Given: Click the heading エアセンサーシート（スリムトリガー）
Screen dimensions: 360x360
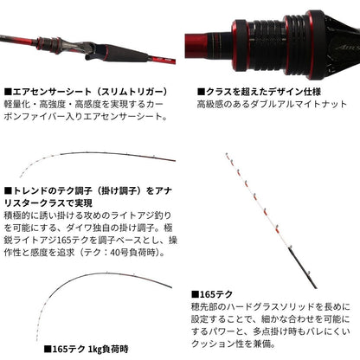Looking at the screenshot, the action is coord(86,92).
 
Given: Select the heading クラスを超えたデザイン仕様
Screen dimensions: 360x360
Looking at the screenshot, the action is coord(259,92).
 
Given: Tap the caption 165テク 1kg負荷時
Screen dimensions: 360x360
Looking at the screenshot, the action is coord(86,350).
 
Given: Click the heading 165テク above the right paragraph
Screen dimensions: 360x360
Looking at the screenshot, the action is coord(212,294).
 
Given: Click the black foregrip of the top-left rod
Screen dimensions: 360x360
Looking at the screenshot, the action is coord(127,53).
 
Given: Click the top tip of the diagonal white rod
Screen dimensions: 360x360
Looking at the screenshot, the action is coord(226,154).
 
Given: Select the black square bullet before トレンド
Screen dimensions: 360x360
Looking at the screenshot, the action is coord(8,191).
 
